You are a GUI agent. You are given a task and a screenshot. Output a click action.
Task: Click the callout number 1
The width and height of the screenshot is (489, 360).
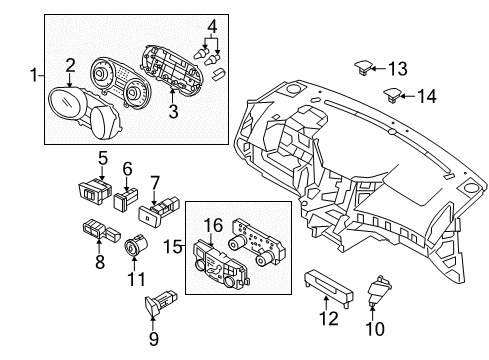coord(36,76)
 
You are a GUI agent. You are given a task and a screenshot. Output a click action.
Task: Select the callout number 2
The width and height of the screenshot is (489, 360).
coord(70,66)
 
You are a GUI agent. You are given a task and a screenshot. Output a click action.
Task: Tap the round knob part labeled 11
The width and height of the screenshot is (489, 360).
coord(136,244)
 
